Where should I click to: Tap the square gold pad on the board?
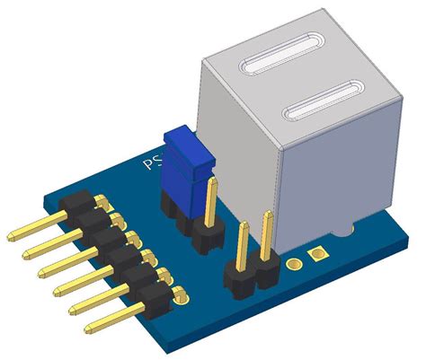coord(315,256)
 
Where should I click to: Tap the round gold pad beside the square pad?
coord(294,264)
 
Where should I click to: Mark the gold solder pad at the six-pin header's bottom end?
coord(179,293)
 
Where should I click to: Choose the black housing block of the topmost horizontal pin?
coord(77,203)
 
